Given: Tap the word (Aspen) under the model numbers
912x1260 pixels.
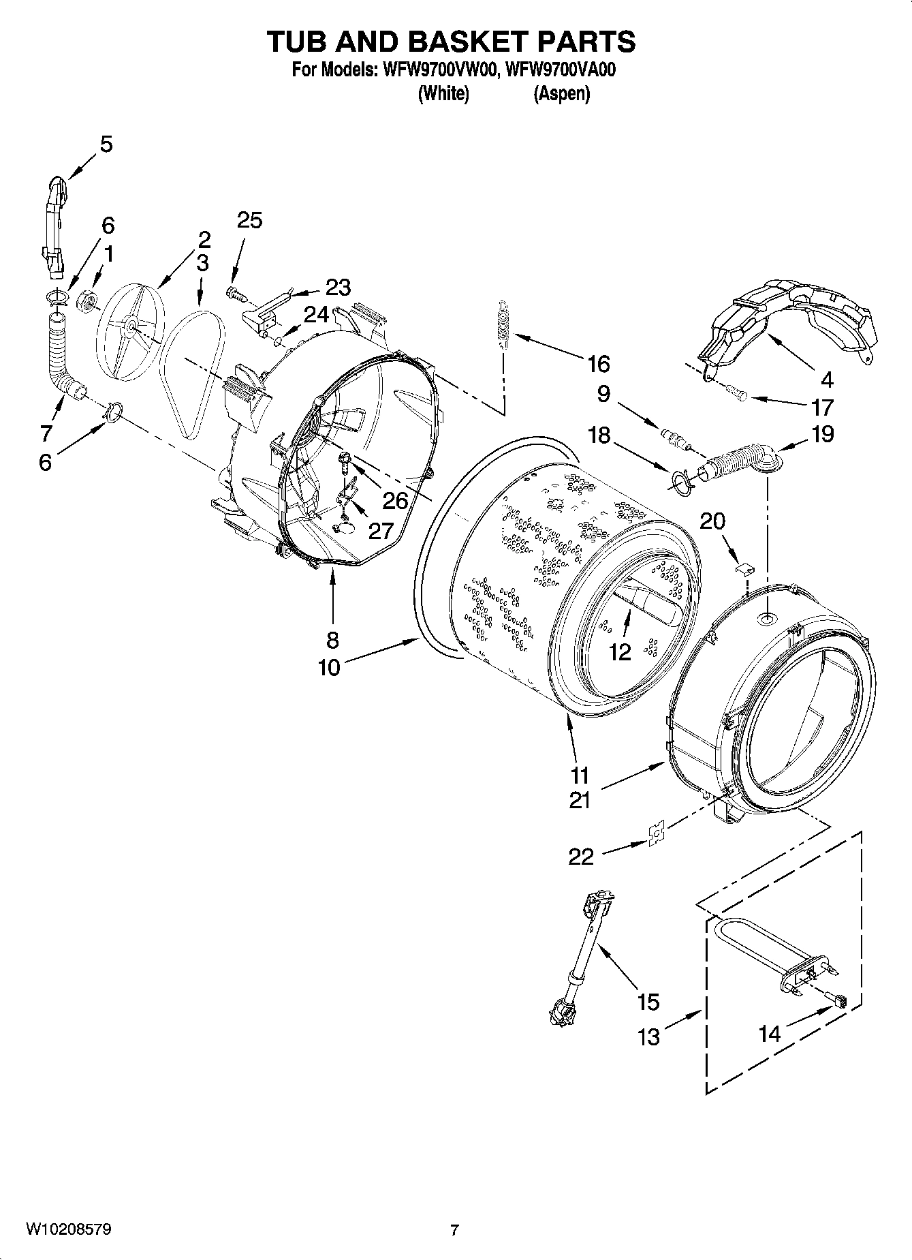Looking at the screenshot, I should [561, 93].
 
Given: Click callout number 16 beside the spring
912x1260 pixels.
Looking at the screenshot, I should [598, 364].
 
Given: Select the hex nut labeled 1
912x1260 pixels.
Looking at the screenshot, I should [87, 301].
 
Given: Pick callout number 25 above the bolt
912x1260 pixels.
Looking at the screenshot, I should [249, 220].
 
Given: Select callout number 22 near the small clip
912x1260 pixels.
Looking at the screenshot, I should [581, 856].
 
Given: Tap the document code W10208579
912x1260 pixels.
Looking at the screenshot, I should [68, 1229].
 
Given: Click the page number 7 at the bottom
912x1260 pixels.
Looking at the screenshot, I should [454, 1230].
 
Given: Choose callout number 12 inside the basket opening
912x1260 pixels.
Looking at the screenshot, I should [620, 652].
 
